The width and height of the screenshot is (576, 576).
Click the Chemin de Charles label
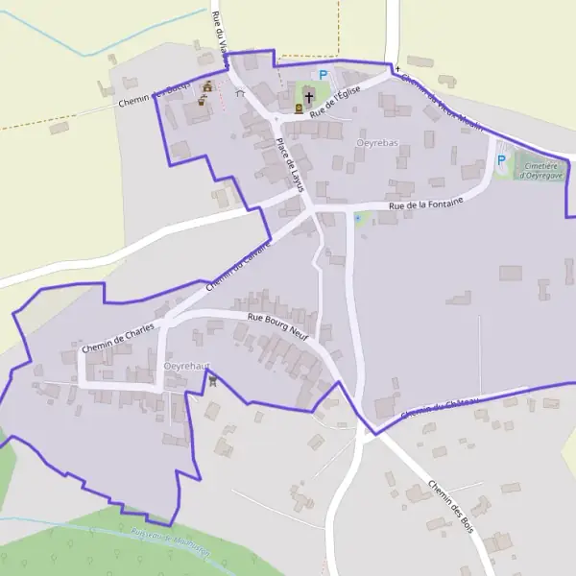pos(118,338)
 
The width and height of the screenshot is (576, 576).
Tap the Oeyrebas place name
pos(376,143)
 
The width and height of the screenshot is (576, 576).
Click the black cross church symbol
pos(309,96)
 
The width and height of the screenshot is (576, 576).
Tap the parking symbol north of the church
pos(324,74)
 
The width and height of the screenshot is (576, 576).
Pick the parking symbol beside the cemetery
pos(500,159)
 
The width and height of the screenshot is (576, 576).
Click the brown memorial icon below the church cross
pos(299,108)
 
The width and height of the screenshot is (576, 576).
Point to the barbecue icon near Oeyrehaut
pos(212,379)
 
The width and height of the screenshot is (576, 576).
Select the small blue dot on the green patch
pos(359,218)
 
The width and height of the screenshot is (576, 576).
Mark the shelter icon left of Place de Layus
pos(239,93)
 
